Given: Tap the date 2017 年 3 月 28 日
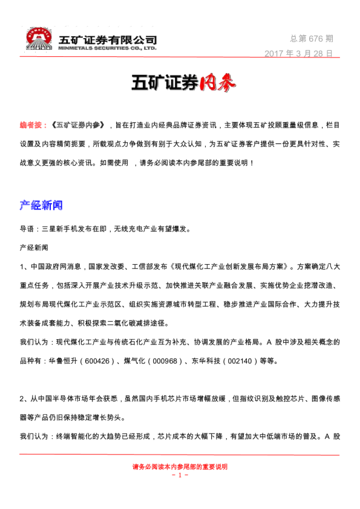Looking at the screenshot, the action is (299, 53).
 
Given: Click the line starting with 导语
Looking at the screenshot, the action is (105, 230).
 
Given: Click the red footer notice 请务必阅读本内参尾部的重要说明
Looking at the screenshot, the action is (180, 467).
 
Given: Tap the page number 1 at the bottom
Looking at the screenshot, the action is (180, 475).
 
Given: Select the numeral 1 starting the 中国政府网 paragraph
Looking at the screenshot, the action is (22, 265).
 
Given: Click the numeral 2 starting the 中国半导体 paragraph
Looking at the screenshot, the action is (22, 400).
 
